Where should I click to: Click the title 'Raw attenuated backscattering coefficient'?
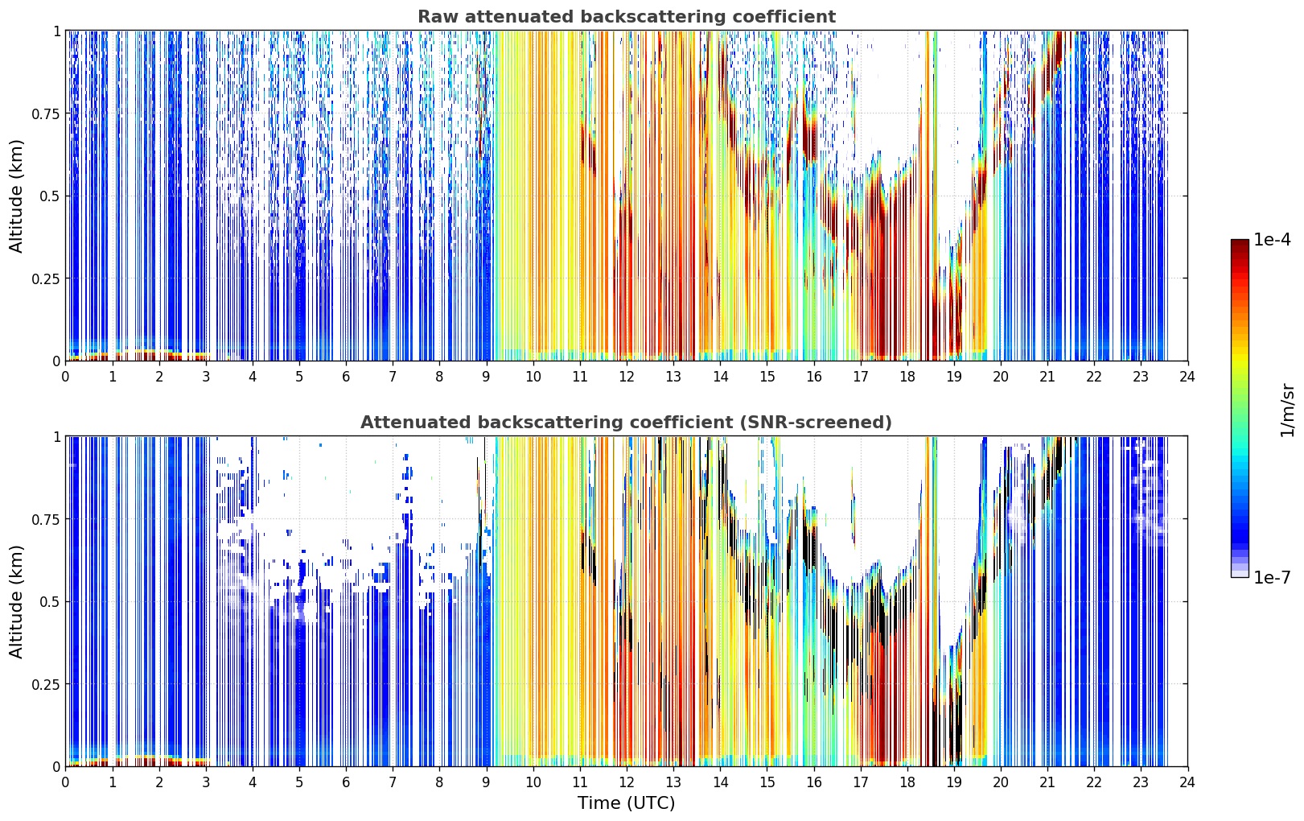(x=627, y=16)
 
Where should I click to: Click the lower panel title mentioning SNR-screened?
(x=627, y=422)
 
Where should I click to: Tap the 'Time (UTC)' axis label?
(x=627, y=803)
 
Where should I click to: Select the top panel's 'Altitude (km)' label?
(x=16, y=196)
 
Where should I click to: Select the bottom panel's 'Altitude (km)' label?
(x=16, y=601)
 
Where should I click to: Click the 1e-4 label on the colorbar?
(x=1272, y=239)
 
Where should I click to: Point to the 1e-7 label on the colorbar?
(x=1272, y=577)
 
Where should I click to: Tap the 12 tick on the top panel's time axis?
(x=627, y=376)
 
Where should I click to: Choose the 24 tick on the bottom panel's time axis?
(x=1187, y=782)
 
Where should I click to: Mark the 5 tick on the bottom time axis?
(x=299, y=782)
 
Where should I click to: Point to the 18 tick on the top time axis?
(x=907, y=376)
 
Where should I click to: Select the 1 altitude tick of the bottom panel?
(x=57, y=437)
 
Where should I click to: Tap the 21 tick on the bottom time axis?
(x=1047, y=782)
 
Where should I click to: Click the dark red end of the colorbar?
(x=1240, y=245)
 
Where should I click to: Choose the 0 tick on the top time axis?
(x=65, y=376)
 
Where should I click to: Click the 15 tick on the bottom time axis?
(x=767, y=782)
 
